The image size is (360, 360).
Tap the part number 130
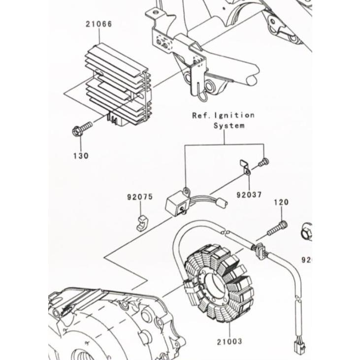81,156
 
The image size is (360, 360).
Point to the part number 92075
138,197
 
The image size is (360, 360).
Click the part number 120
281,202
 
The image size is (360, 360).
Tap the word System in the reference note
229,126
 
